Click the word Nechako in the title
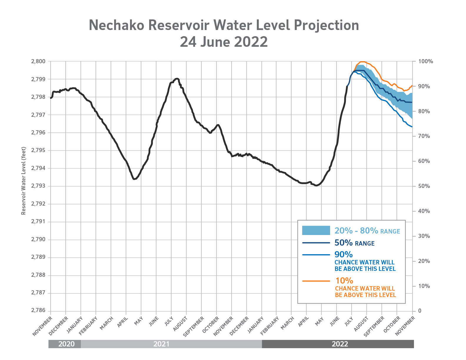click(x=116, y=25)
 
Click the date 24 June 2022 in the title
click(x=224, y=42)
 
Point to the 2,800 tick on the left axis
click(x=38, y=61)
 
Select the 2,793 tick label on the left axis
click(x=38, y=186)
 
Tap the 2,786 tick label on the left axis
click(x=38, y=311)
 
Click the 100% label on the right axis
click(x=426, y=61)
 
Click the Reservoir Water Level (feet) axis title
click(x=24, y=181)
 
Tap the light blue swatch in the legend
click(x=316, y=231)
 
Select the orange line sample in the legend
click(x=316, y=281)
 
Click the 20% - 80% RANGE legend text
click(x=367, y=231)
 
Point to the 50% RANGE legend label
click(x=355, y=243)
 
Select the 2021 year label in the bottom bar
click(x=161, y=344)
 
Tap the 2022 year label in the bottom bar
click(x=340, y=344)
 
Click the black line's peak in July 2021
click(x=177, y=79)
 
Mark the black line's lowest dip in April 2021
click(x=134, y=179)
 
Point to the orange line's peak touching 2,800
click(x=362, y=61)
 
